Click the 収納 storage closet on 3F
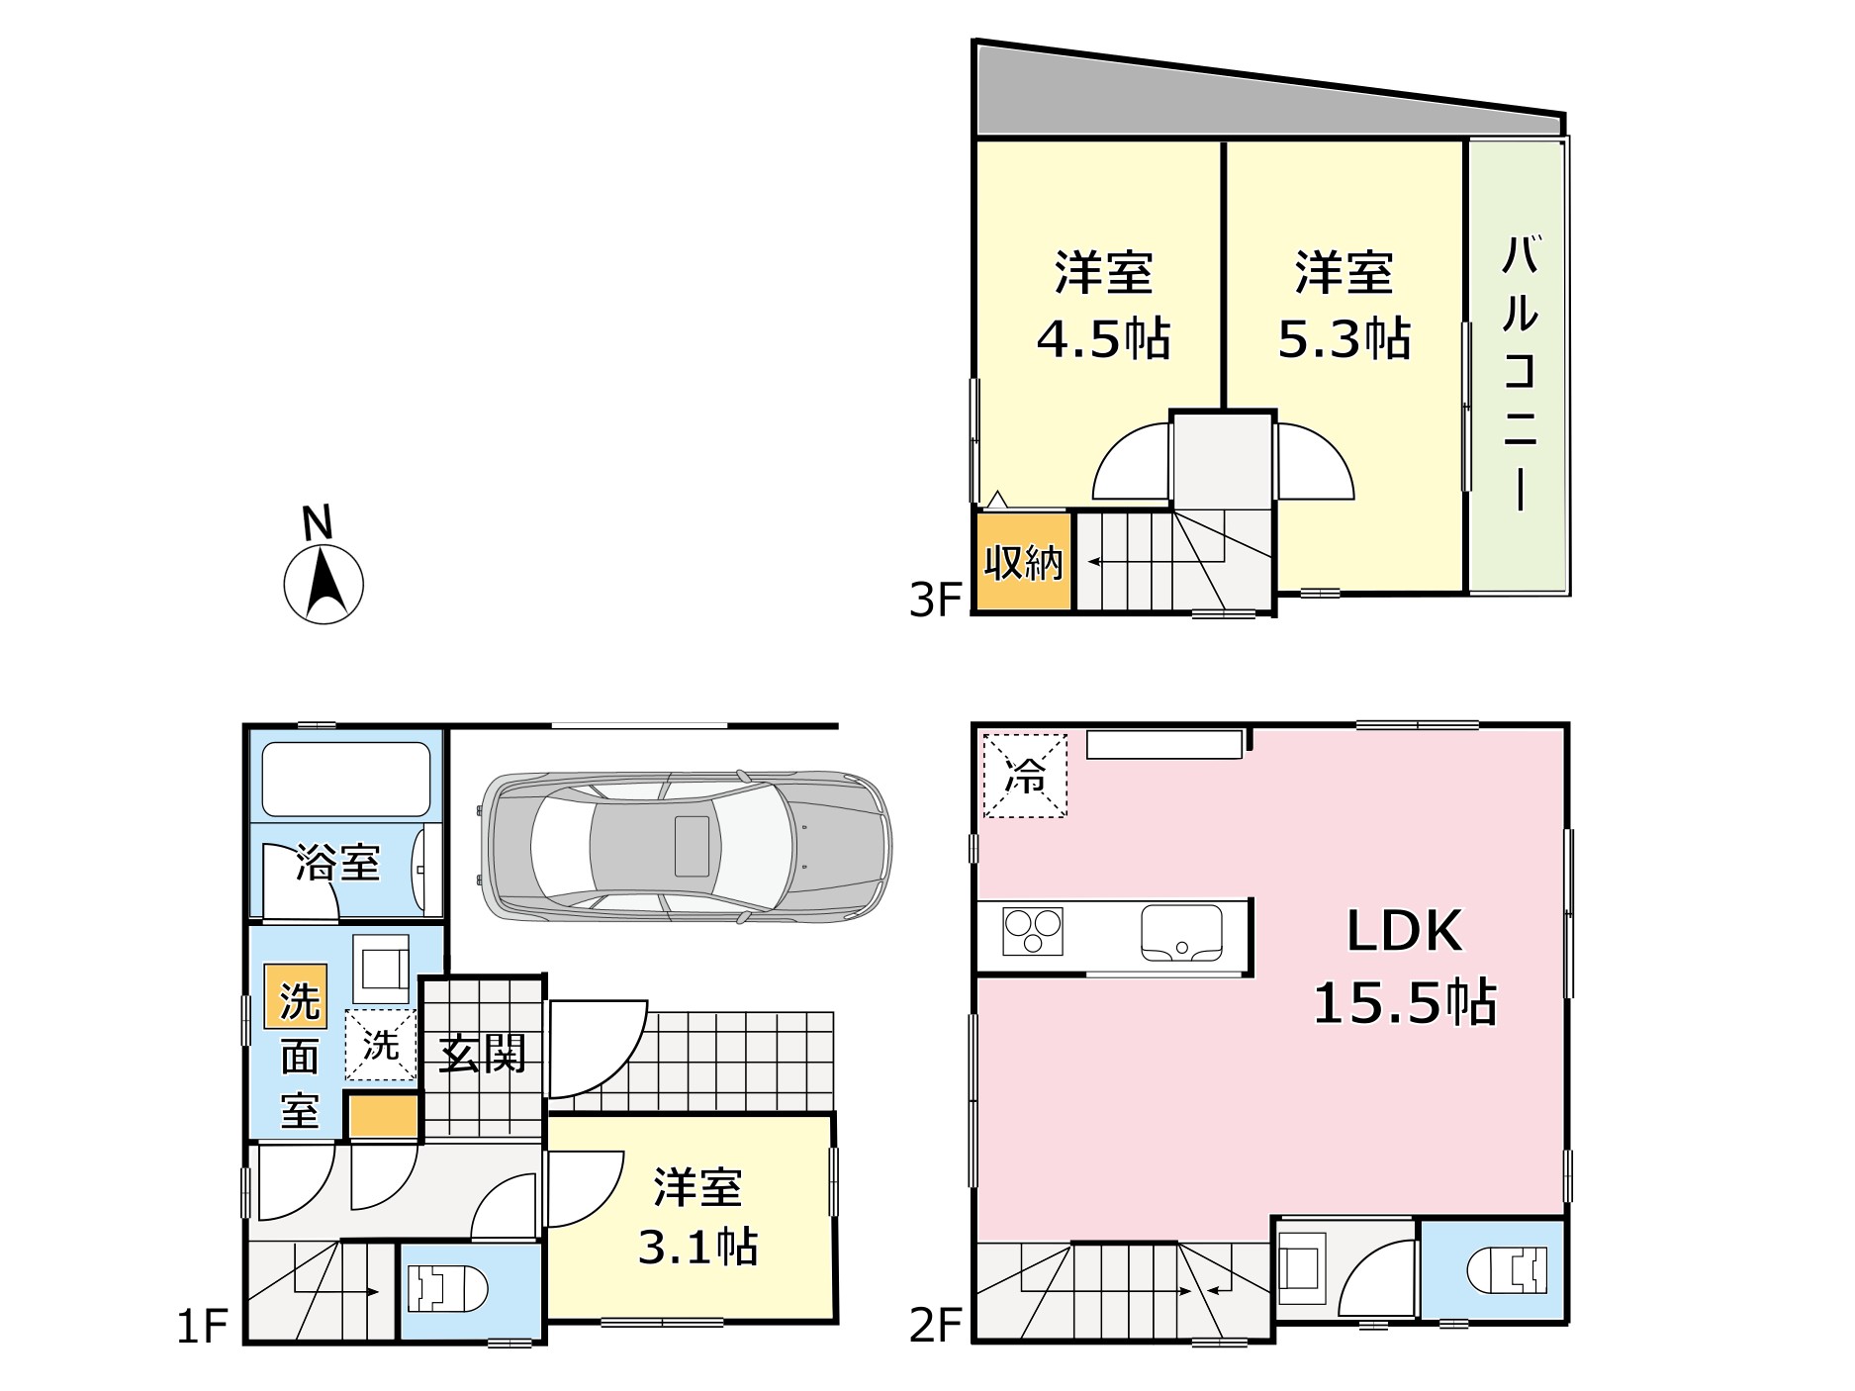tap(1023, 562)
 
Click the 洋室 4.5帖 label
tap(1103, 306)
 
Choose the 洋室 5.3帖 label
tap(1344, 306)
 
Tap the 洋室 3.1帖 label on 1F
tap(696, 1217)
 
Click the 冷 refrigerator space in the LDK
tap(1025, 776)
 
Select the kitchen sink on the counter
tap(1181, 933)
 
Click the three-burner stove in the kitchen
tap(1032, 931)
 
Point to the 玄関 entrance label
tap(482, 1053)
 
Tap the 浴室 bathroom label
tap(337, 863)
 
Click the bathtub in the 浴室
tap(345, 778)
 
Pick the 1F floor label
tap(203, 1327)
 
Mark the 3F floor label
tap(935, 600)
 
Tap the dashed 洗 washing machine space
tap(380, 1044)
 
